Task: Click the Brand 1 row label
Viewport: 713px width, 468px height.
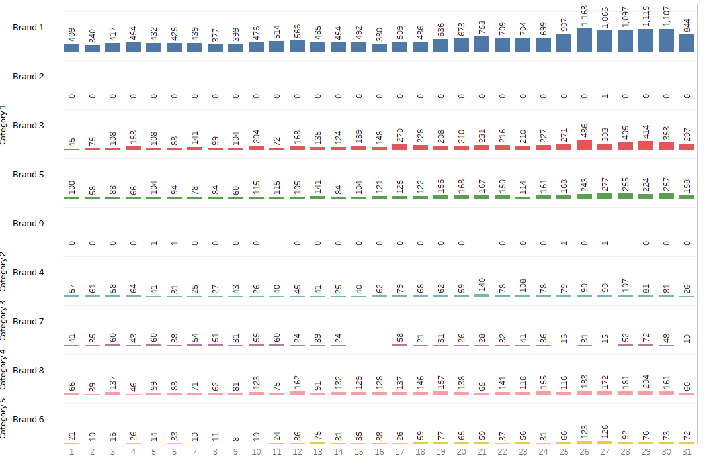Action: point(28,28)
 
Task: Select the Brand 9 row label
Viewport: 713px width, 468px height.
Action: point(28,224)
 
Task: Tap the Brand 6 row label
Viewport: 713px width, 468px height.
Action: point(28,420)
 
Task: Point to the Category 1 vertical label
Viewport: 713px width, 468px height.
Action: point(3,124)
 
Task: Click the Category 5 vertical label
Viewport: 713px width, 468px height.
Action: point(3,418)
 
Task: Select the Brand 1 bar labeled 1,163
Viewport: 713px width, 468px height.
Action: point(585,40)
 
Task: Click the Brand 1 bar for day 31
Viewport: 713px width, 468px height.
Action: point(687,43)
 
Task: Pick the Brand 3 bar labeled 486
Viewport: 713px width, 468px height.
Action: point(585,145)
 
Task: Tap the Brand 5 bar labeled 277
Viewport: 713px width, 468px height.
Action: point(605,196)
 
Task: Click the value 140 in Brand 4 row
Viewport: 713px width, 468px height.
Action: point(482,285)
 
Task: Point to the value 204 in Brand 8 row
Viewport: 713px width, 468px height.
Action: point(646,382)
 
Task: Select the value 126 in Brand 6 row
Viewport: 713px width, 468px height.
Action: point(605,432)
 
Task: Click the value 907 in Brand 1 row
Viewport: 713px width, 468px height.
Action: point(564,23)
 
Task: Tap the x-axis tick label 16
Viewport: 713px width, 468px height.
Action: point(380,452)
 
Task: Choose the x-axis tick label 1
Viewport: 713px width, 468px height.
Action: point(71,452)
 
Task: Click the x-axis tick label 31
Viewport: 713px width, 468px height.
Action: point(687,452)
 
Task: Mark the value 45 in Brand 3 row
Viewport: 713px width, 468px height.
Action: point(72,142)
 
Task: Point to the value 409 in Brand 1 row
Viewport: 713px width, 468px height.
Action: point(72,34)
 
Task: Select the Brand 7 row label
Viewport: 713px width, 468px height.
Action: point(28,322)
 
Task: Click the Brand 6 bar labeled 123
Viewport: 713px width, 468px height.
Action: point(585,442)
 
